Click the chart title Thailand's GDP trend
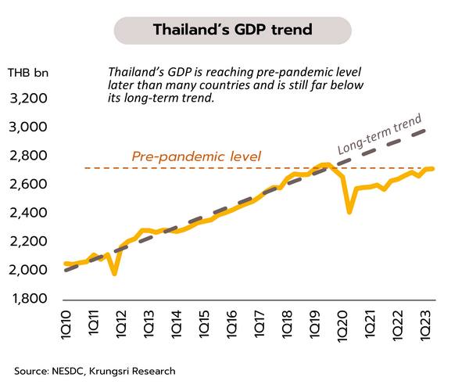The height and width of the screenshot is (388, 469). pyautogui.click(x=233, y=31)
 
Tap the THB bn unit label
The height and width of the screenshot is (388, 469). pyautogui.click(x=25, y=74)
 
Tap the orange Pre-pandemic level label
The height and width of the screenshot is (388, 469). pyautogui.click(x=196, y=156)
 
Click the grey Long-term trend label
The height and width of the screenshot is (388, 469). pyautogui.click(x=380, y=135)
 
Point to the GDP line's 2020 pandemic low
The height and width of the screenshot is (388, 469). pyautogui.click(x=349, y=211)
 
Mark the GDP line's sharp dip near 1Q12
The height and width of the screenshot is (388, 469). pyautogui.click(x=115, y=273)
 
